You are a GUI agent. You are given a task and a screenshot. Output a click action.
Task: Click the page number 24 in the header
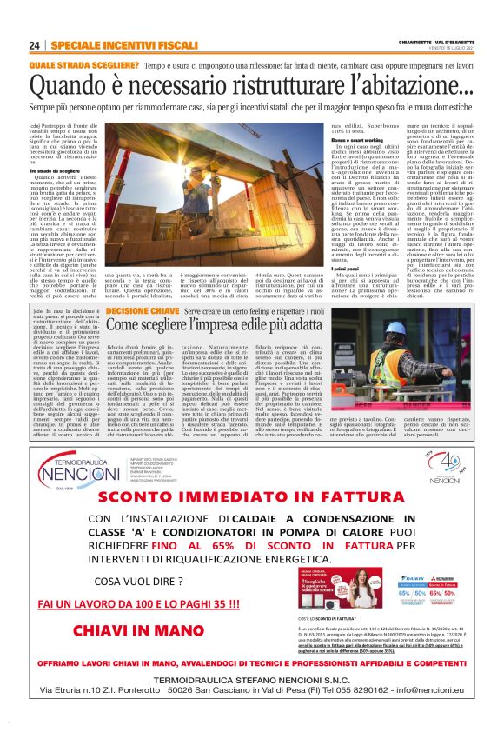pos(35,44)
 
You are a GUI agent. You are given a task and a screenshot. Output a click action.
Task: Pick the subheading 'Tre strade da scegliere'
pos(54,171)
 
